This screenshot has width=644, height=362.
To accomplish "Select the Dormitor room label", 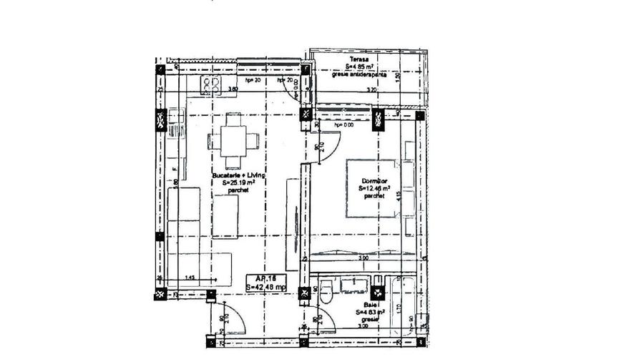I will click(x=374, y=181).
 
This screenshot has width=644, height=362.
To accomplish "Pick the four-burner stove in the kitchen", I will click(x=210, y=86).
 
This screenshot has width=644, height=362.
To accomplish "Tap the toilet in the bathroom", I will click(x=326, y=292).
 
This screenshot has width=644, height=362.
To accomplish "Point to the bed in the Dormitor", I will click(x=374, y=187).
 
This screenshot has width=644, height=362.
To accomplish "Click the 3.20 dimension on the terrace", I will click(x=371, y=90).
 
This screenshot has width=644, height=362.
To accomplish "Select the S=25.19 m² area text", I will click(x=238, y=183).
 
